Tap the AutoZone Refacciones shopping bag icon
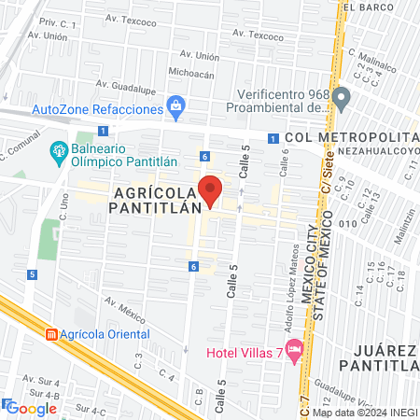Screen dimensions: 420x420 click(175, 107)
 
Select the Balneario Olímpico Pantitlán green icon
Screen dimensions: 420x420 click(58, 149)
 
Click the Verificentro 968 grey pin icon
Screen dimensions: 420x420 click(341, 96)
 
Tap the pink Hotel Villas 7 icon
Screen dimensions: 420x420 click(296, 350)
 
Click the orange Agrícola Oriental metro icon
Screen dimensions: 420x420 click(51, 333)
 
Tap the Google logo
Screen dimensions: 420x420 click(32, 408)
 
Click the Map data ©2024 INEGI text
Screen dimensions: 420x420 click(364, 413)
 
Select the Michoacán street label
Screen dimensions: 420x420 click(191, 74)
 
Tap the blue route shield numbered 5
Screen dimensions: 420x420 click(33, 274)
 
